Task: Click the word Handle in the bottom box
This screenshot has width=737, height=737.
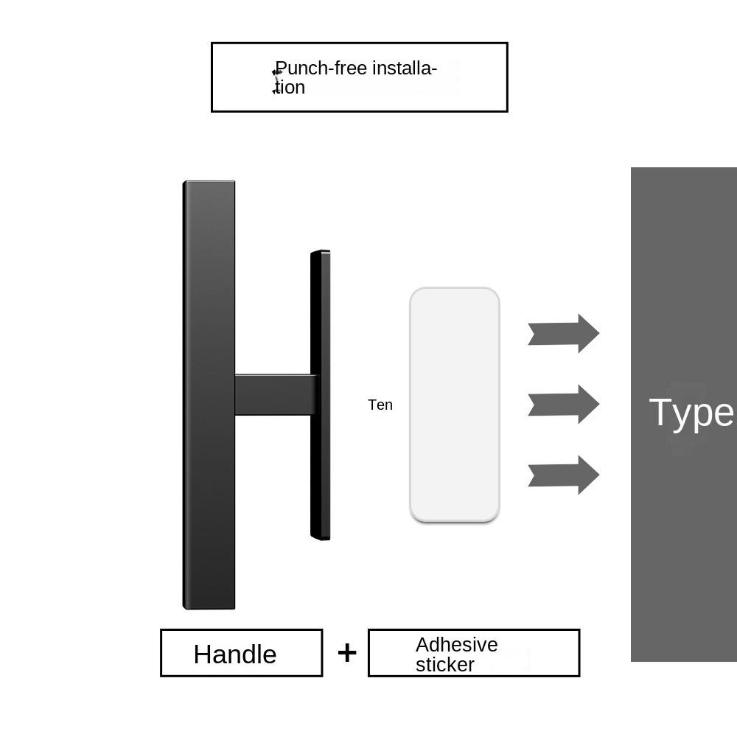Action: [x=235, y=654]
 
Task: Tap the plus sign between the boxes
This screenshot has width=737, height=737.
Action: [x=347, y=653]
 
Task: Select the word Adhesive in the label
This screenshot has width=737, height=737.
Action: [x=456, y=644]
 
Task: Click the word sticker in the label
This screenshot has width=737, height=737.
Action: [x=444, y=665]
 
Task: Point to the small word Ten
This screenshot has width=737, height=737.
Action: [x=380, y=405]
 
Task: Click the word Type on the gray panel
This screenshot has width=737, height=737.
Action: [x=691, y=413]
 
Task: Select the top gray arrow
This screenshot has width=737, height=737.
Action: [x=564, y=333]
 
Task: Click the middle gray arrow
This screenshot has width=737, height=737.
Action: [x=564, y=404]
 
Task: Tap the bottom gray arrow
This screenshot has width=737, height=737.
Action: [x=564, y=475]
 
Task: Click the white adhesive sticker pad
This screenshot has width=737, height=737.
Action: [x=455, y=404]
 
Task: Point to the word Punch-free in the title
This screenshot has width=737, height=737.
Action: [x=321, y=69]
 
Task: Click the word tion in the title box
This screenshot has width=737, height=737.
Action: [x=290, y=88]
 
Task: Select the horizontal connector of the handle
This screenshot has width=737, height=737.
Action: [x=273, y=395]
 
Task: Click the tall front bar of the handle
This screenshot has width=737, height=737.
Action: [x=209, y=395]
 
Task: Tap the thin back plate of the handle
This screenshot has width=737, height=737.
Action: [x=320, y=395]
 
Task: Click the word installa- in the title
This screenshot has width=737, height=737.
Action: [x=405, y=68]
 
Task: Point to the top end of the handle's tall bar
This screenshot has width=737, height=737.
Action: [x=209, y=181]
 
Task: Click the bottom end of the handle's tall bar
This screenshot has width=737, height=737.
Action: [x=209, y=609]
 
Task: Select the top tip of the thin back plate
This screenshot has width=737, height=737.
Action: [x=321, y=251]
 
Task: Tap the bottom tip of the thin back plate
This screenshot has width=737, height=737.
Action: [x=321, y=539]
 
